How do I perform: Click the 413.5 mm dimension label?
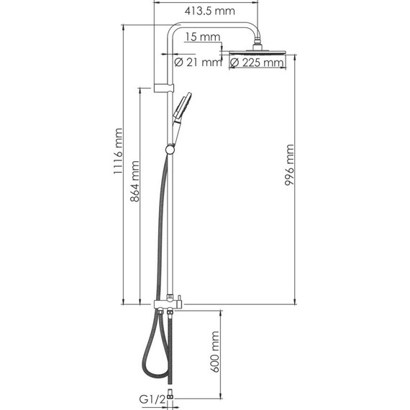(210, 11)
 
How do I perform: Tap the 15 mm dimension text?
(203, 37)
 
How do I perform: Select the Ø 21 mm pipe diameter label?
(198, 63)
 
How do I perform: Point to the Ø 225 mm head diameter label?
(257, 63)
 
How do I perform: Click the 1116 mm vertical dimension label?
(118, 151)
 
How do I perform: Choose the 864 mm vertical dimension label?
(135, 181)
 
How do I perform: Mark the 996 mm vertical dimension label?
(289, 165)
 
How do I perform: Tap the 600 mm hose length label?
(215, 352)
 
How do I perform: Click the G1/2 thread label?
(152, 399)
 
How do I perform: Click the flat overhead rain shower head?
(257, 53)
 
